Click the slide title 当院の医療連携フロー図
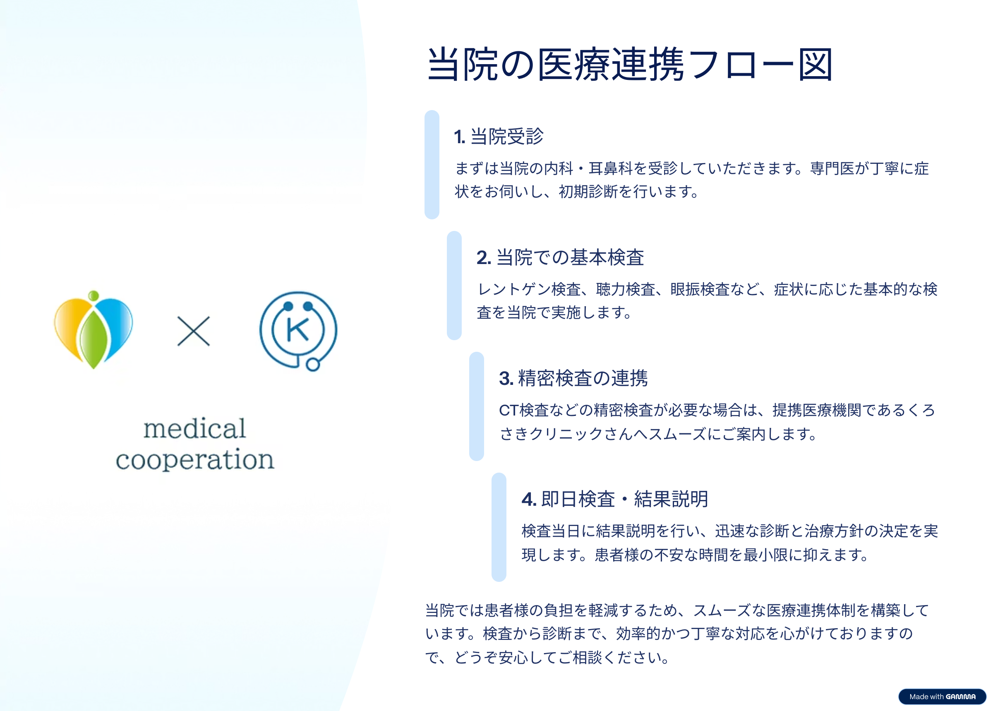(x=629, y=65)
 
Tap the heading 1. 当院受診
(x=499, y=136)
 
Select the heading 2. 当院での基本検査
(x=560, y=257)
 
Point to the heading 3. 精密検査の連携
(x=573, y=378)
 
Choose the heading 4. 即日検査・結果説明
(x=615, y=499)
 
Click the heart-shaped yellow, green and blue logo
(x=93, y=330)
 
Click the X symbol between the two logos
(x=194, y=331)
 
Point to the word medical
(x=195, y=429)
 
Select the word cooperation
(x=195, y=460)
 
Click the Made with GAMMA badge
(x=942, y=697)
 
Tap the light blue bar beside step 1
(x=432, y=165)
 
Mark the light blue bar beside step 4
(x=499, y=527)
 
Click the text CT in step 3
(x=509, y=411)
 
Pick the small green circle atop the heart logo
(x=93, y=295)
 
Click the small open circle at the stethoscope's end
(x=312, y=364)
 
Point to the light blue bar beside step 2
(x=454, y=286)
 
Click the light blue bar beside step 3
(x=477, y=406)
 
